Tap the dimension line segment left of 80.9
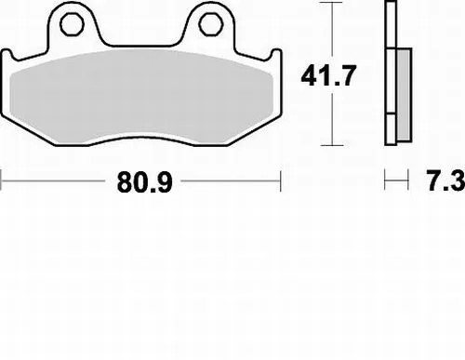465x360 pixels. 56,182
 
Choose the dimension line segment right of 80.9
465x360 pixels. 232,182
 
